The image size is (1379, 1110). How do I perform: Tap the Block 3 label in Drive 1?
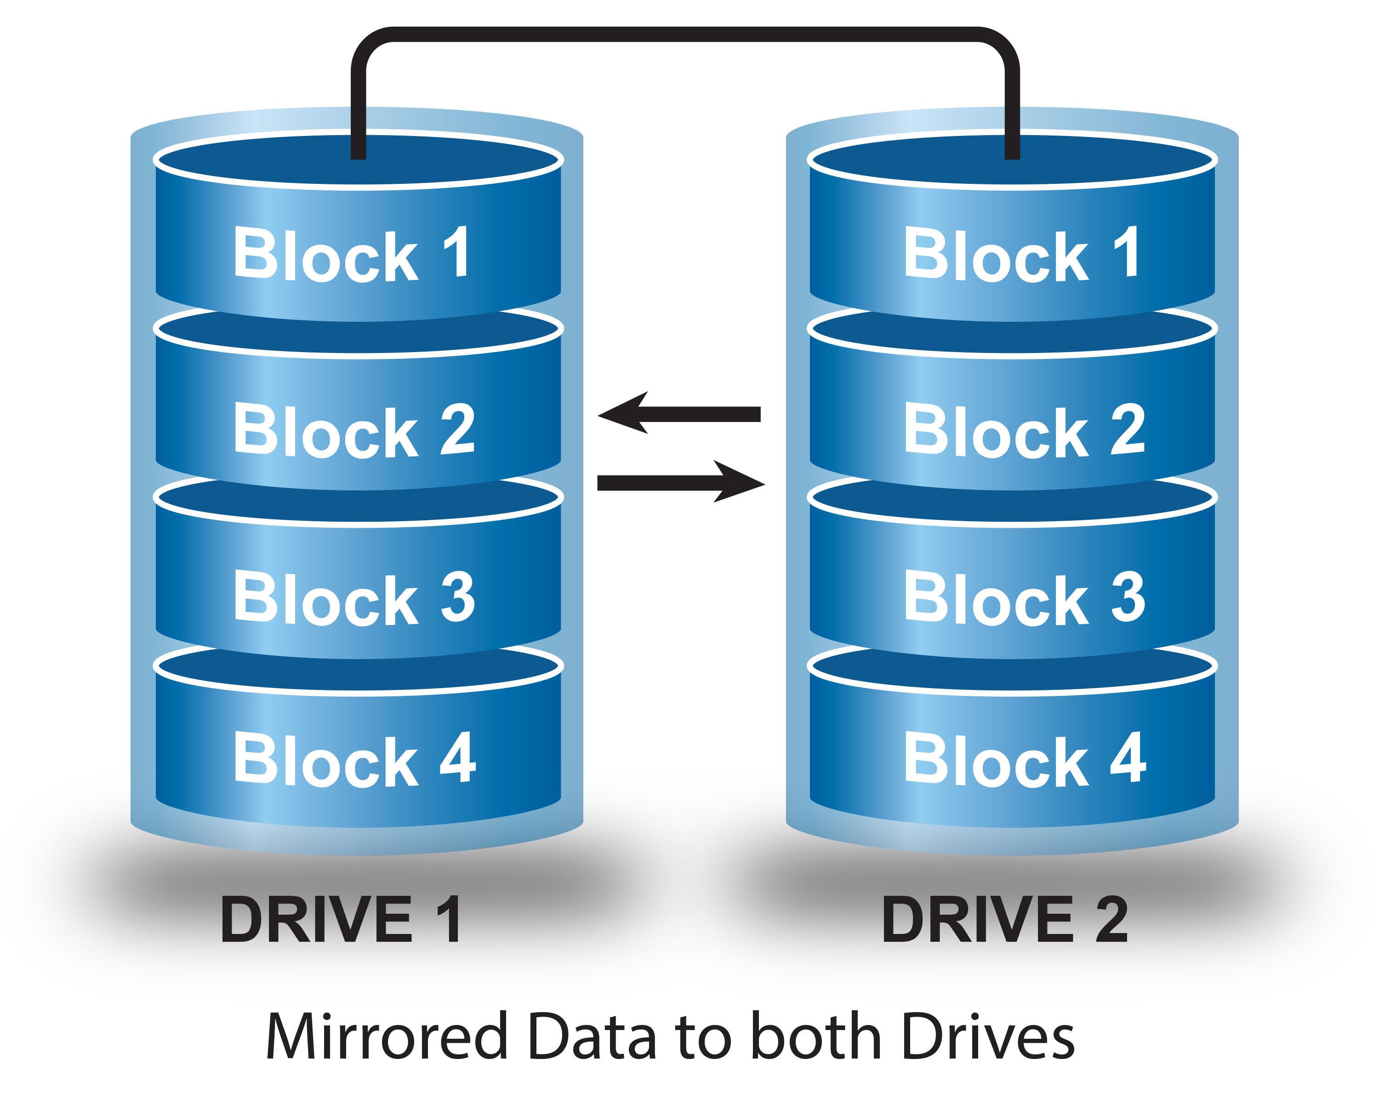tap(353, 598)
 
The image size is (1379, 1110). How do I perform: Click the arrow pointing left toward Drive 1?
tap(678, 414)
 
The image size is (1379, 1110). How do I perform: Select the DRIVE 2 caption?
tap(1005, 921)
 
